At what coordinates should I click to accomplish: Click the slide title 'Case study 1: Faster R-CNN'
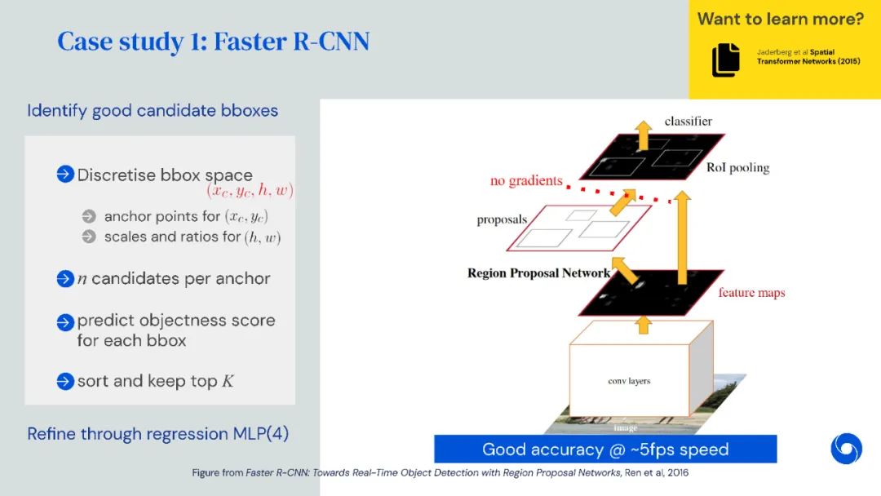click(213, 42)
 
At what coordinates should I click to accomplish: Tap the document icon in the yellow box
click(725, 60)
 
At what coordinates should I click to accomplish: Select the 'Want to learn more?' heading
click(780, 18)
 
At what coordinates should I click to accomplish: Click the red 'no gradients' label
click(526, 180)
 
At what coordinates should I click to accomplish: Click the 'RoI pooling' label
click(737, 168)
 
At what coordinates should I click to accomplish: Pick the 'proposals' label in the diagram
click(502, 220)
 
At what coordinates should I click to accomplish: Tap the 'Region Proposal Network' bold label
click(538, 273)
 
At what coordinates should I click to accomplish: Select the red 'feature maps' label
click(751, 292)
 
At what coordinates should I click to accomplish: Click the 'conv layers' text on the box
click(629, 381)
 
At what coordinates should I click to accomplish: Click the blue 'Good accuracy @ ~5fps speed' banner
click(604, 449)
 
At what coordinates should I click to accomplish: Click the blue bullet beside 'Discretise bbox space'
click(65, 175)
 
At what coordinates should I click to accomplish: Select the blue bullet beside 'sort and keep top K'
click(65, 381)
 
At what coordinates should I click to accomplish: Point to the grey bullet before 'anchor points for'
click(89, 216)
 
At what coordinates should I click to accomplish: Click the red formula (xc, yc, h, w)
click(250, 191)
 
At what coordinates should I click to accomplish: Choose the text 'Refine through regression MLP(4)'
click(157, 433)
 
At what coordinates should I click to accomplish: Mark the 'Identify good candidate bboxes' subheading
click(153, 110)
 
